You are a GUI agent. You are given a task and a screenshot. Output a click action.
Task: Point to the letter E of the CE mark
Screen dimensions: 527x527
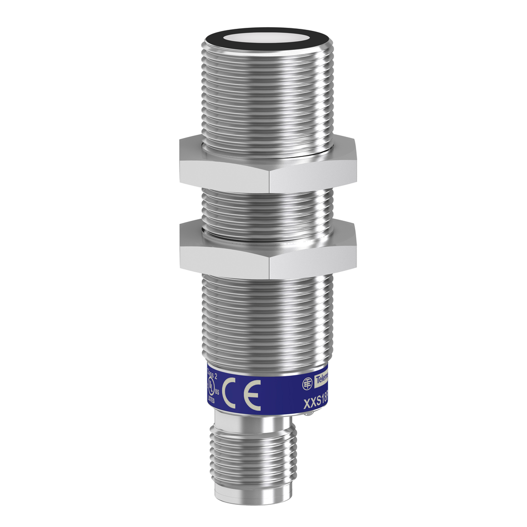(252, 395)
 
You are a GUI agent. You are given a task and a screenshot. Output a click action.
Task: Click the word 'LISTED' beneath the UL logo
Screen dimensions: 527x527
(210, 399)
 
